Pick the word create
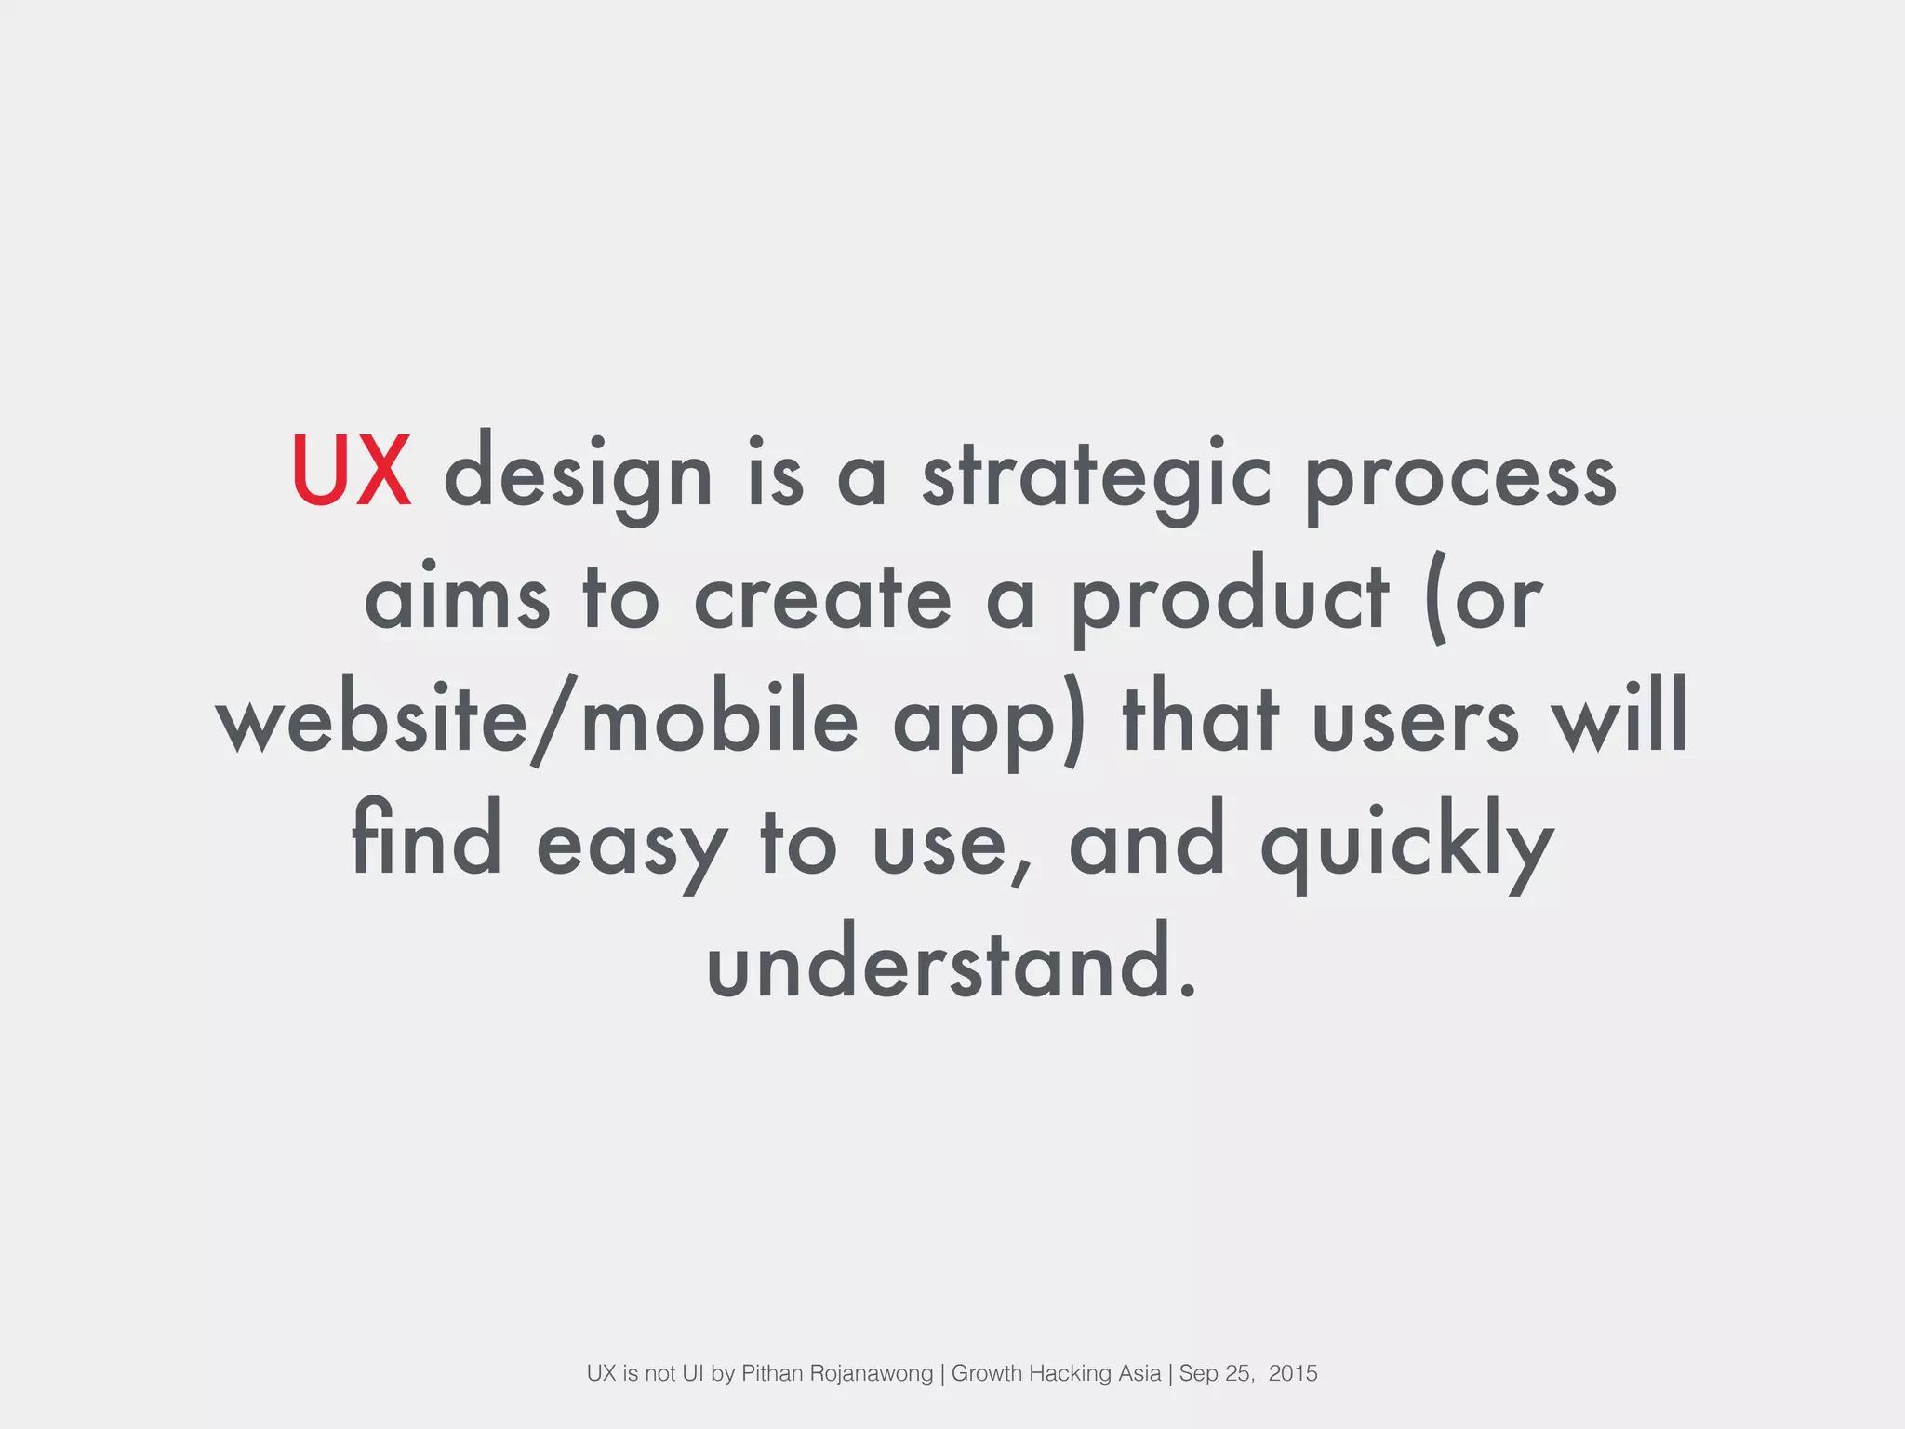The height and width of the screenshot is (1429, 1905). point(823,597)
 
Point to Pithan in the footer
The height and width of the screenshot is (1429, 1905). point(772,1373)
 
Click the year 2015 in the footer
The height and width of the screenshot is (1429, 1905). point(1292,1373)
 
